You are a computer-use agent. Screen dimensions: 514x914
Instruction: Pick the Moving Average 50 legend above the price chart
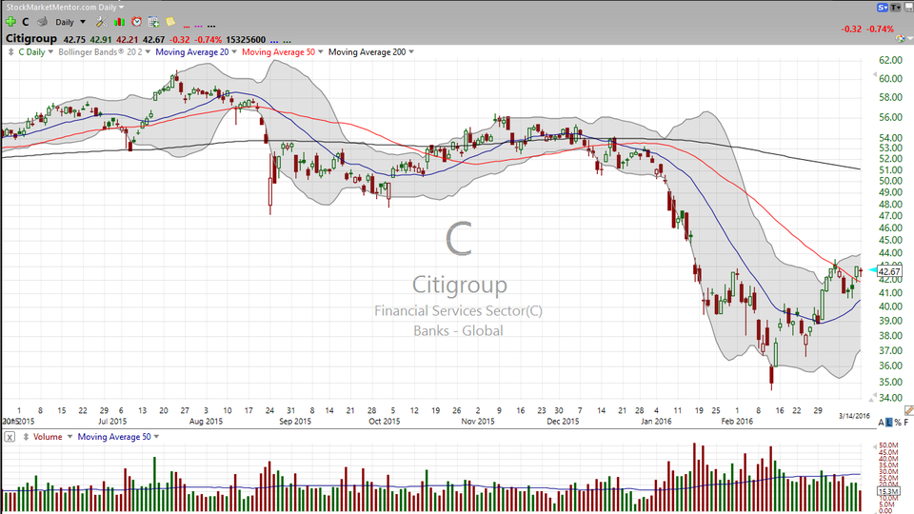coord(280,51)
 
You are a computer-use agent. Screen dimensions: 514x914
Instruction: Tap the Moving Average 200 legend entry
coord(368,51)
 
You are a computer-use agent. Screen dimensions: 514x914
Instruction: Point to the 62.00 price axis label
coord(892,60)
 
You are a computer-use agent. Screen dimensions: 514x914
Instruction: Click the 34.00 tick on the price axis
coord(892,398)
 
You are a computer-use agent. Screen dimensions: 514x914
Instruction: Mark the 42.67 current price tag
coord(890,272)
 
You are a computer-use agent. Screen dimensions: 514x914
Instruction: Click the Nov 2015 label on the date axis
coord(478,421)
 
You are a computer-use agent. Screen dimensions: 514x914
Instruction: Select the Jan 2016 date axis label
coord(656,421)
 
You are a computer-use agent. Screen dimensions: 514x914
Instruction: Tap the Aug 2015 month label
coord(206,421)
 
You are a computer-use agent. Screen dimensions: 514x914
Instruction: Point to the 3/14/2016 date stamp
coord(854,416)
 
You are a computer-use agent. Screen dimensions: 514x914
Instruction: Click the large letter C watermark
coord(459,239)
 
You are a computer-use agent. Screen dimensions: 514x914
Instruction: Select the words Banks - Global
coord(458,331)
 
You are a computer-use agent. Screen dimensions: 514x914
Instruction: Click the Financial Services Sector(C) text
coord(459,311)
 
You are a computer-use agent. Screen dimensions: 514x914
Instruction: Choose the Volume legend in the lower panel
coord(47,437)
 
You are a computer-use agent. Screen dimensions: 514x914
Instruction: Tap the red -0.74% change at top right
coord(881,30)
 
